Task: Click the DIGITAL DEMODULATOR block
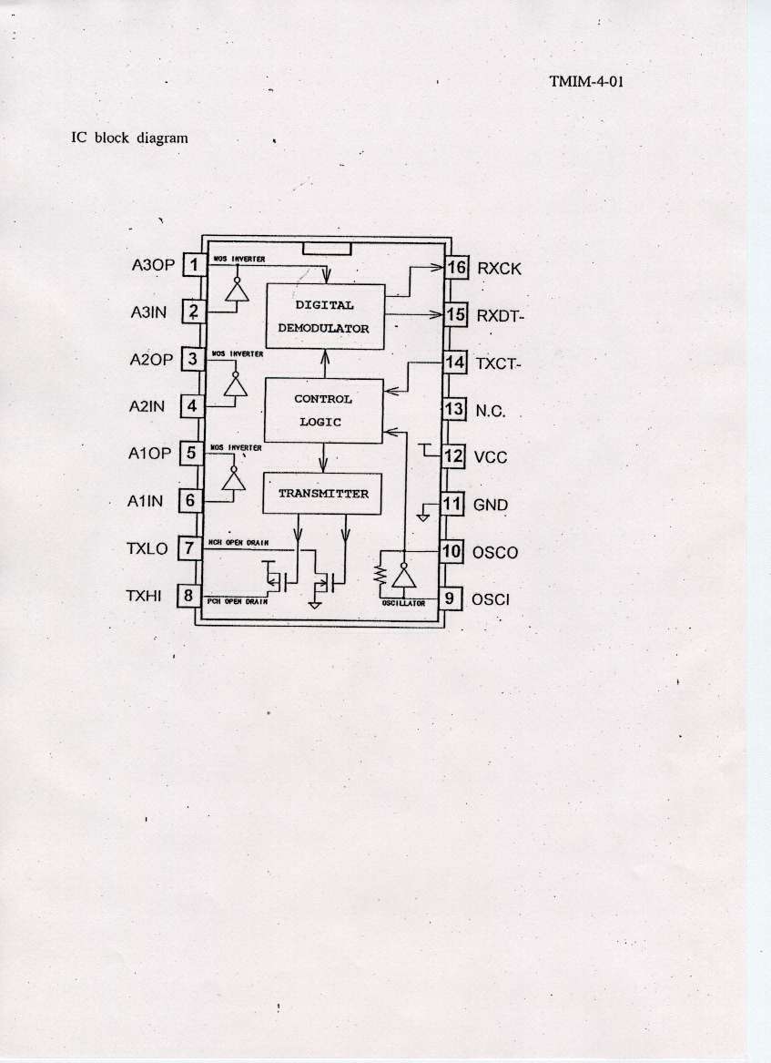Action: click(x=324, y=316)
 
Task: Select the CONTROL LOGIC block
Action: click(x=323, y=410)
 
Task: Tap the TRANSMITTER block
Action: click(x=323, y=494)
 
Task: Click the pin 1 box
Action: click(x=194, y=265)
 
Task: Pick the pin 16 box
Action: click(x=455, y=268)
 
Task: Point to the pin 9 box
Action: click(x=449, y=598)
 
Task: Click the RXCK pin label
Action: click(x=499, y=269)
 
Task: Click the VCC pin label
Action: click(x=491, y=457)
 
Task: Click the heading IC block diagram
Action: click(x=129, y=138)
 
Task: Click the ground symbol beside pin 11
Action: click(x=423, y=515)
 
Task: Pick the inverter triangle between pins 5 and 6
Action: click(x=236, y=479)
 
